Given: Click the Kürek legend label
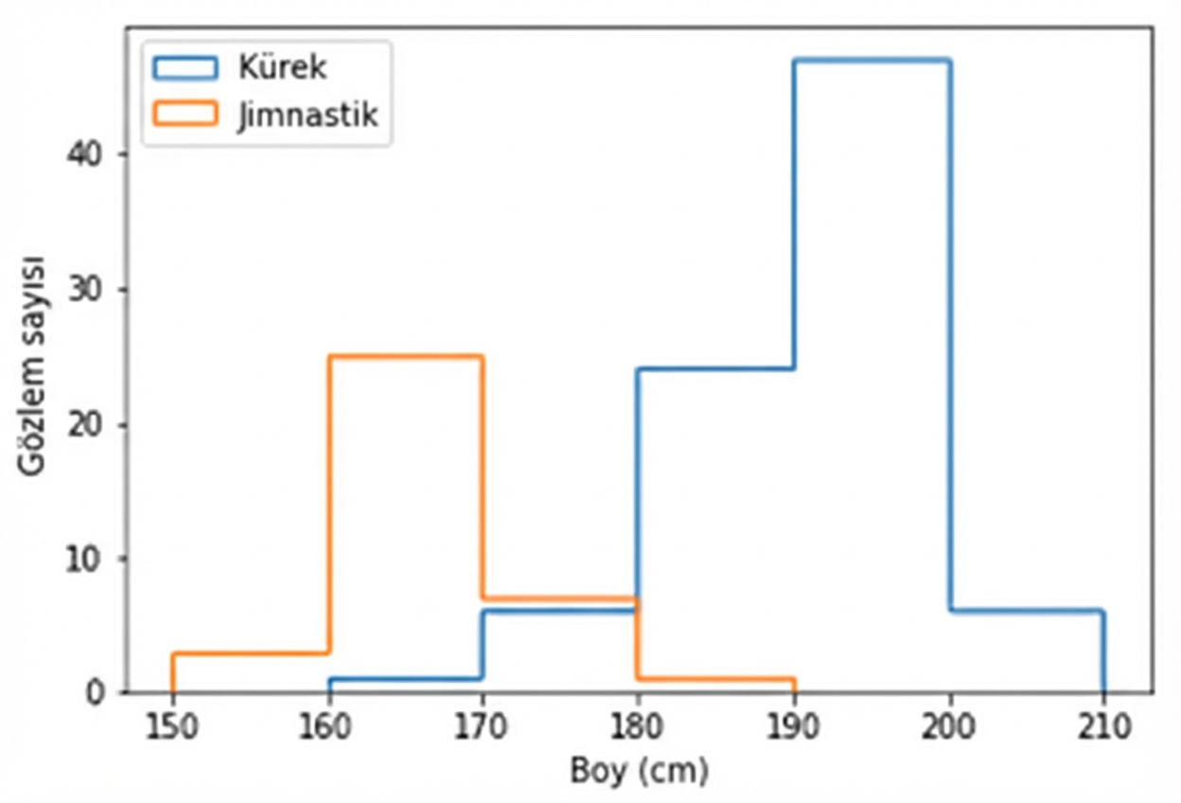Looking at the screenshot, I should pyautogui.click(x=281, y=67).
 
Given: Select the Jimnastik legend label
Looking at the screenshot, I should pyautogui.click(x=307, y=115).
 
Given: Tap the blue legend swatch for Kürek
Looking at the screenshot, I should pyautogui.click(x=185, y=67).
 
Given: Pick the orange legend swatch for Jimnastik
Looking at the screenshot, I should pyautogui.click(x=185, y=115).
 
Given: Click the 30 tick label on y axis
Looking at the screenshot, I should pyautogui.click(x=86, y=289).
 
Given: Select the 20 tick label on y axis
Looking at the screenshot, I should pyautogui.click(x=86, y=424).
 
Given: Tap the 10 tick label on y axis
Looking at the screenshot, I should pyautogui.click(x=86, y=559).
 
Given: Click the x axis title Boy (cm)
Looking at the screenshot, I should pyautogui.click(x=639, y=772).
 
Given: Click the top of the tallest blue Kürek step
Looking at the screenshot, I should pyautogui.click(x=872, y=60).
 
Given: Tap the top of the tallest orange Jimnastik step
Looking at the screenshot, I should pyautogui.click(x=405, y=356).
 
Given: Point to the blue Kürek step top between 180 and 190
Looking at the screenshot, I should pyautogui.click(x=716, y=368).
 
